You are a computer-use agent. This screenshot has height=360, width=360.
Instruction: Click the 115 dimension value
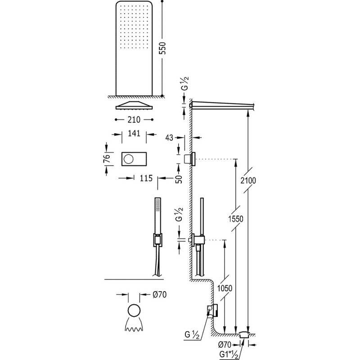(x=144, y=178)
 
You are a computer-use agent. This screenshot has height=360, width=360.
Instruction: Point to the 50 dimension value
(x=179, y=179)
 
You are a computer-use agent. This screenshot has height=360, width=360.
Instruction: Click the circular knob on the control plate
(x=128, y=159)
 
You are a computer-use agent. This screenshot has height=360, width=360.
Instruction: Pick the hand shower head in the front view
(x=157, y=207)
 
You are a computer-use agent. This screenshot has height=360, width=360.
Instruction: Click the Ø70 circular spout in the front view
(x=134, y=311)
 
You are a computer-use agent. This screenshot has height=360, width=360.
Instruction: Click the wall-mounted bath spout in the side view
(x=211, y=310)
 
